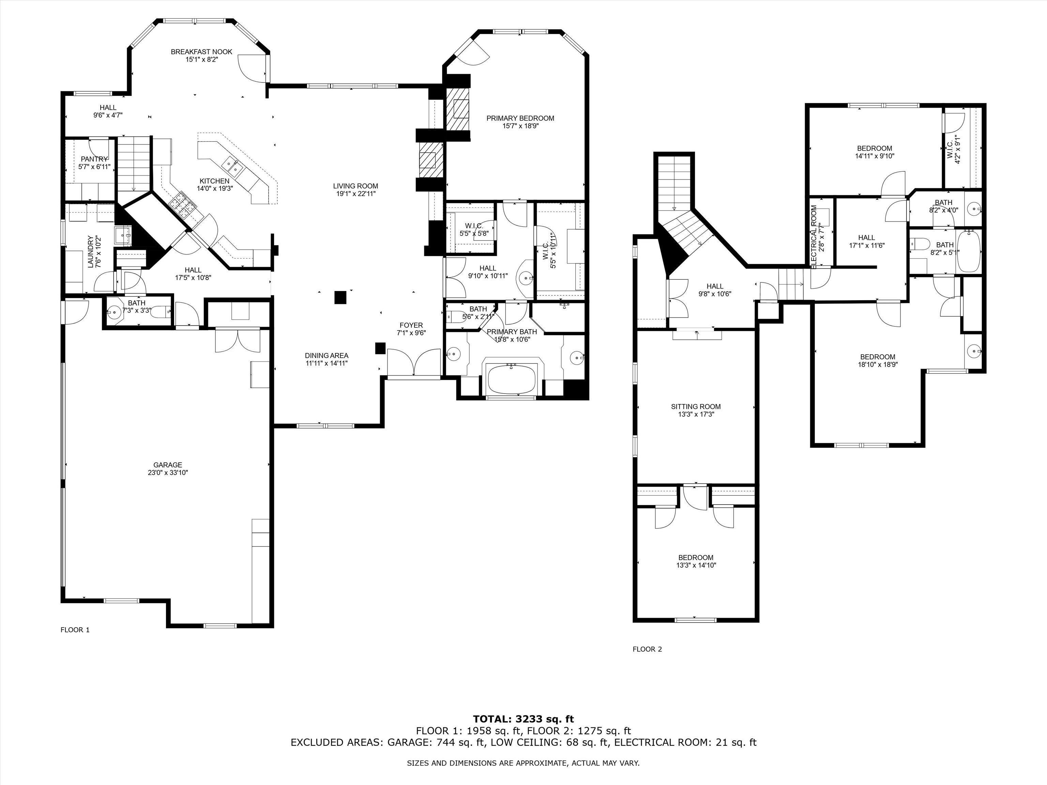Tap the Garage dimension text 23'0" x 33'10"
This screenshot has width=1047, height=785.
[168, 472]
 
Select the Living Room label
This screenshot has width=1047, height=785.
[355, 186]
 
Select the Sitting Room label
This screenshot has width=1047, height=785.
[696, 406]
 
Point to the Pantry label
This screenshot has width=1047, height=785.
[94, 159]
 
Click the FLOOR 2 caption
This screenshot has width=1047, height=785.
[647, 649]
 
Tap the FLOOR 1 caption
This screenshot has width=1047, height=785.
[75, 630]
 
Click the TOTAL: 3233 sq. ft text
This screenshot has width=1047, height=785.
[523, 720]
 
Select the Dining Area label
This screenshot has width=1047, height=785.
[327, 356]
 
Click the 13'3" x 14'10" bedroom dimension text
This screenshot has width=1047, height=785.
[696, 565]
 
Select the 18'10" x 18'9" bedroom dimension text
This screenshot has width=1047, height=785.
[878, 364]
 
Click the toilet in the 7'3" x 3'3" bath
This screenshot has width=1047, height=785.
[162, 312]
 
